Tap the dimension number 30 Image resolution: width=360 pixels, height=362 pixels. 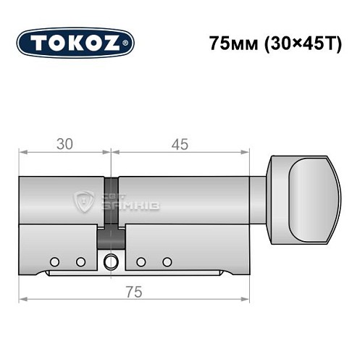click(64, 144)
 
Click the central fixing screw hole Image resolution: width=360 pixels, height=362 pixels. click(111, 262)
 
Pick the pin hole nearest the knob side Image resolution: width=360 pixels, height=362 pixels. click(167, 261)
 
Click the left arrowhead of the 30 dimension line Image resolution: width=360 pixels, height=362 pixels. click(22, 153)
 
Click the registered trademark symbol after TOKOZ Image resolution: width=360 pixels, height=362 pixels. click(129, 44)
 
